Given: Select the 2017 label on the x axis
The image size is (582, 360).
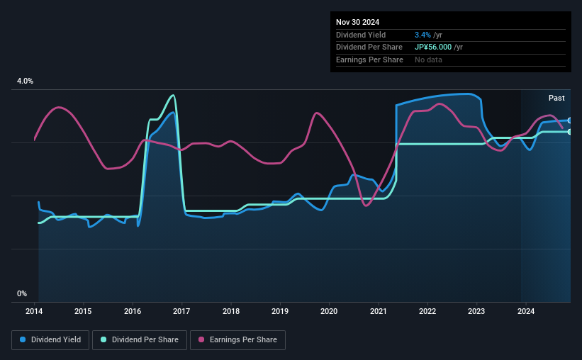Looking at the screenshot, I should click(181, 310).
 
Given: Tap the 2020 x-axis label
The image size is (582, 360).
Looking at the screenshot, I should click(329, 310).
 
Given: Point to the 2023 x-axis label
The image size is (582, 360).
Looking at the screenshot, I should click(476, 310).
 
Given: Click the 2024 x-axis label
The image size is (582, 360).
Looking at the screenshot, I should click(525, 310).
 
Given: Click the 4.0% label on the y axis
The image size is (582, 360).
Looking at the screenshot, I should click(25, 81).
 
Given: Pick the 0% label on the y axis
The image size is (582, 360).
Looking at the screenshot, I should click(22, 293).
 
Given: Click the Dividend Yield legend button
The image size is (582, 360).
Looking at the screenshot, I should click(50, 340).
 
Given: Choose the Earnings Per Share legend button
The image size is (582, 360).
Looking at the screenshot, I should click(237, 340).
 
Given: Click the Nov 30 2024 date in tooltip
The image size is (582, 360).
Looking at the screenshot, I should click(358, 22).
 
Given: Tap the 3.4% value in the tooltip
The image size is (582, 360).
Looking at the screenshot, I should click(422, 35).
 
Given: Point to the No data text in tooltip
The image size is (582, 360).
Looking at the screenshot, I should click(429, 60).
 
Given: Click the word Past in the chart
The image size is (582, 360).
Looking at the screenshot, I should click(556, 98).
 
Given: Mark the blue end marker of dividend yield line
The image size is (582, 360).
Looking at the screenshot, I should click(570, 120).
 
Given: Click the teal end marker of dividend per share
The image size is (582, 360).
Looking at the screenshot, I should click(570, 132).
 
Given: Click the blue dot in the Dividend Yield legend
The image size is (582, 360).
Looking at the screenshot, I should click(23, 340).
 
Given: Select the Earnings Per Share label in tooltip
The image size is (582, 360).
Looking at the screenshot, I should click(369, 60).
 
